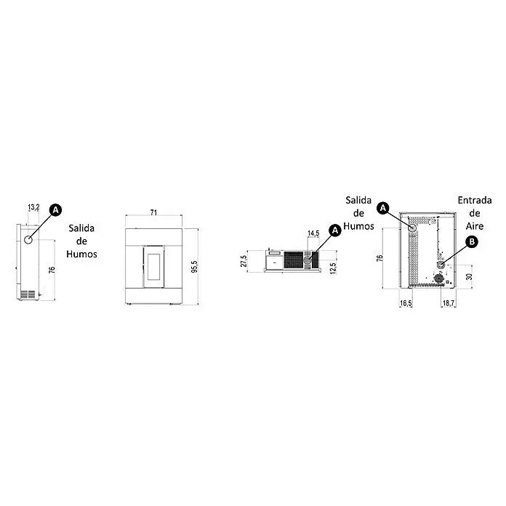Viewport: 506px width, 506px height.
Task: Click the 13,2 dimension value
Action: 33,207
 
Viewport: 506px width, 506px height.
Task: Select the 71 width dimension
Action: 153,212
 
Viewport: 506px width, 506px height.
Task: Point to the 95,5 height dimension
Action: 194,267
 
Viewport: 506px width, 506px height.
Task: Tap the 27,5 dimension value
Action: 244,261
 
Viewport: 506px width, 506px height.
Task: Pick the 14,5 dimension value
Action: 313,233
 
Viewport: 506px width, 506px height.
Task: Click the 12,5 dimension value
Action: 334,268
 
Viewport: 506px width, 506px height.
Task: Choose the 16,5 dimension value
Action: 406,303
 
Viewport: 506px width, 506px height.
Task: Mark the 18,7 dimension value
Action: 449,303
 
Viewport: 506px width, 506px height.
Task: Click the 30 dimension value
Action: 469,276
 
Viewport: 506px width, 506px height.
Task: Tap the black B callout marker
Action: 472,241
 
